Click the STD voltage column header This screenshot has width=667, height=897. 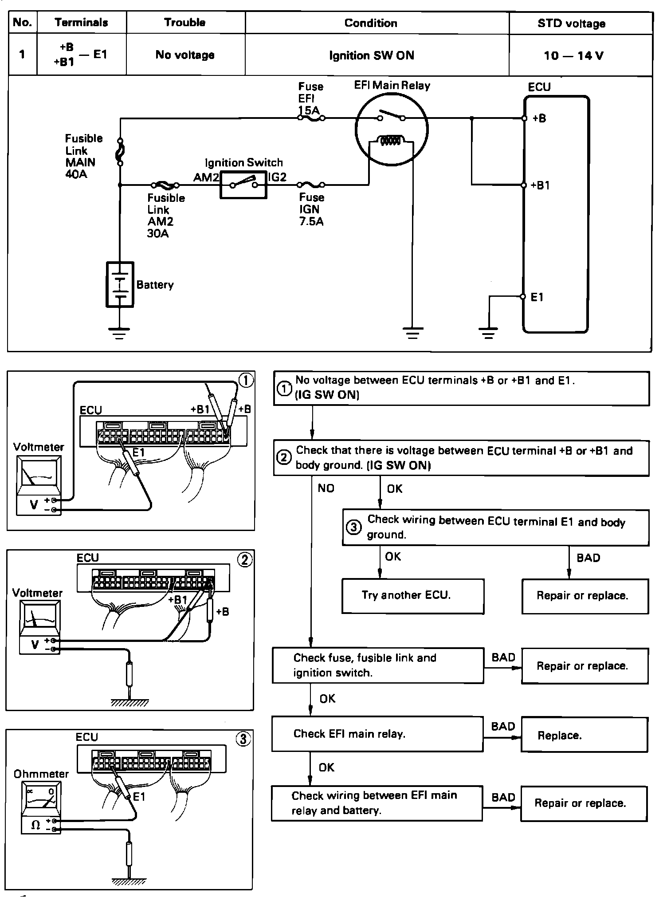(x=571, y=23)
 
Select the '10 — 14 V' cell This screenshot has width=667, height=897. (x=573, y=55)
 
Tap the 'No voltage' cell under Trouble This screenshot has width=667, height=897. (x=185, y=55)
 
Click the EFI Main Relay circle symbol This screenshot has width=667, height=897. (x=392, y=129)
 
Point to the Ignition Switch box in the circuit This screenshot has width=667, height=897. (x=243, y=185)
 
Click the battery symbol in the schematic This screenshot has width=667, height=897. (x=120, y=284)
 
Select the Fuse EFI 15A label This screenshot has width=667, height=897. (x=310, y=98)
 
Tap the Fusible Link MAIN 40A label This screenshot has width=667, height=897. (x=83, y=156)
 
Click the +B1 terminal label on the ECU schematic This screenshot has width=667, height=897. (x=540, y=185)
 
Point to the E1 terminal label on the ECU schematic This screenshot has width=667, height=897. (x=537, y=297)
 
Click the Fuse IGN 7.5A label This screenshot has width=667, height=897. (x=311, y=209)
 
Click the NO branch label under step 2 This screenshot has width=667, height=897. (x=326, y=488)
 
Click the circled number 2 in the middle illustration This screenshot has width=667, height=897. (x=245, y=560)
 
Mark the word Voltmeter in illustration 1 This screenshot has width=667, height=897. (x=39, y=447)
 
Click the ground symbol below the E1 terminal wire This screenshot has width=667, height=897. (x=488, y=333)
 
